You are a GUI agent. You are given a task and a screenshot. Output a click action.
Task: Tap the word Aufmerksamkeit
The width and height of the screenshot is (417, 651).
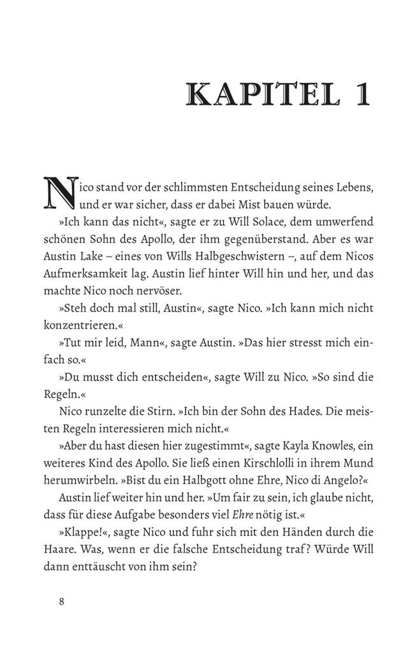91,274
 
